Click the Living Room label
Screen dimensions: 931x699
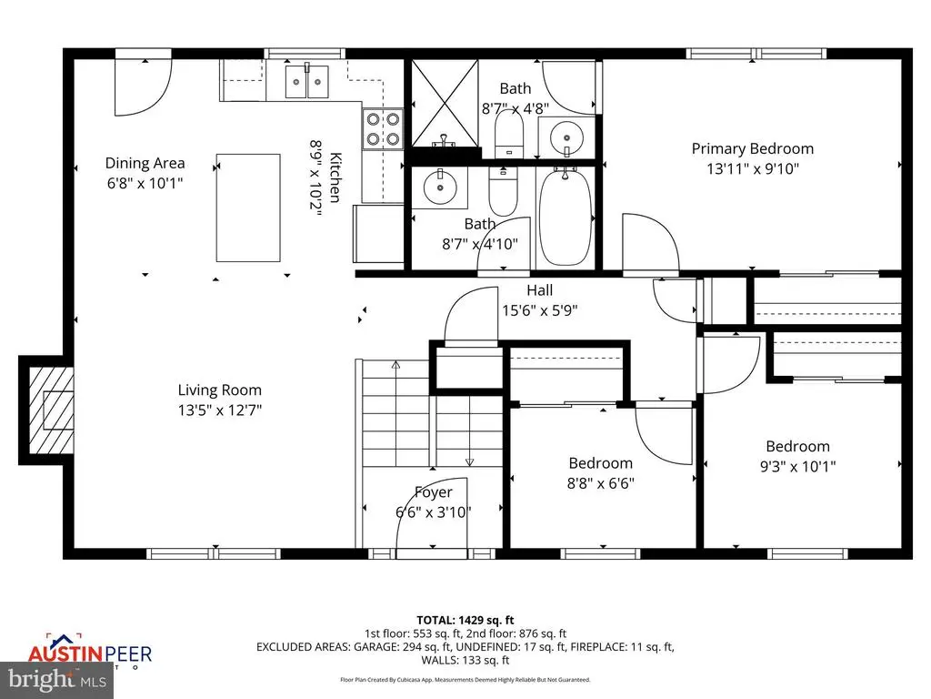(220, 390)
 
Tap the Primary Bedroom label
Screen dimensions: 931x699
(752, 148)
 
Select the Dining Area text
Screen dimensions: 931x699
(145, 163)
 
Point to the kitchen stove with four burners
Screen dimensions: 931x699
(383, 129)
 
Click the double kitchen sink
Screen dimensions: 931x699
(307, 82)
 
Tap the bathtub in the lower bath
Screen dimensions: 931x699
(566, 218)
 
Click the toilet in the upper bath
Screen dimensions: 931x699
(509, 134)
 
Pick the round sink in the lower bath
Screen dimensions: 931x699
(440, 187)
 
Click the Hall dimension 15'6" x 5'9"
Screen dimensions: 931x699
(540, 310)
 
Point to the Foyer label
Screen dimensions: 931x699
(434, 492)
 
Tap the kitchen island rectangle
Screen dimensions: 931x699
(248, 208)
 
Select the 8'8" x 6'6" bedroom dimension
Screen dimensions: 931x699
(601, 482)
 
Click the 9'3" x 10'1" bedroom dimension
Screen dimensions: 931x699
(798, 466)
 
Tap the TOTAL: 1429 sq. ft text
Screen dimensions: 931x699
(465, 621)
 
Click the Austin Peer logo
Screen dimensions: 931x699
(90, 652)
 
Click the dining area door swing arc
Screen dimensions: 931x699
(155, 95)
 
